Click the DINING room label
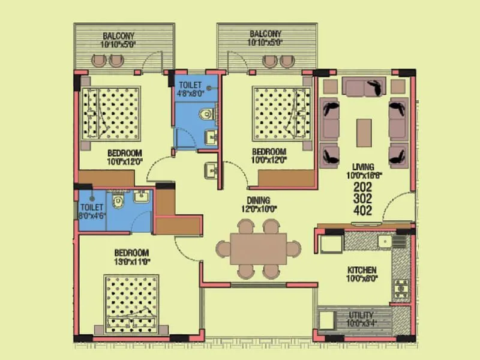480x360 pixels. [258, 200]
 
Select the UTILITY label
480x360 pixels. [362, 315]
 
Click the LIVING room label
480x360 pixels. [364, 167]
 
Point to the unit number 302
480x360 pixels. [364, 199]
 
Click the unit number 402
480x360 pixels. [364, 211]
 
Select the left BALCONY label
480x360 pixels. [119, 35]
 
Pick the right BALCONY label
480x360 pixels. [265, 35]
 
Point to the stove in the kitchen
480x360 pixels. [400, 289]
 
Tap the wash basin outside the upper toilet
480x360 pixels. [211, 171]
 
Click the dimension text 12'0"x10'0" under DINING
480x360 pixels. [258, 209]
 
